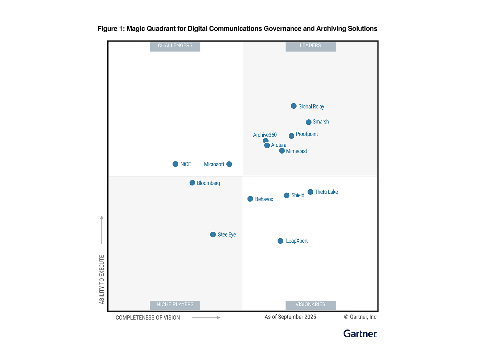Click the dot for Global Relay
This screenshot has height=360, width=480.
click(293, 106)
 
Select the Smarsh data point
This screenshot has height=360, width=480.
click(309, 122)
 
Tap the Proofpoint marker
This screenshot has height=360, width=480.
click(291, 136)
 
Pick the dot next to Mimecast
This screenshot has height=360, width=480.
click(282, 151)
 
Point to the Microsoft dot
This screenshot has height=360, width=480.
click(229, 164)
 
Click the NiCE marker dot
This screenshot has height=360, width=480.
click(176, 164)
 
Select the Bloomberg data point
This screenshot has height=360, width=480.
click(192, 183)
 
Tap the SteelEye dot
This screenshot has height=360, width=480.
click(213, 235)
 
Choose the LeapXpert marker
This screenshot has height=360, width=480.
click(280, 241)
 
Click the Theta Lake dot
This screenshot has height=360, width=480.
click(310, 192)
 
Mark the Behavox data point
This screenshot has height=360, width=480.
click(250, 199)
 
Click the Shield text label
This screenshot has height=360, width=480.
click(298, 195)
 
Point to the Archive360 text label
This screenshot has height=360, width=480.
click(265, 135)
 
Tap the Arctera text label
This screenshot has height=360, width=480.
click(278, 145)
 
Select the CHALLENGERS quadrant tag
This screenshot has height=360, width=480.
click(175, 46)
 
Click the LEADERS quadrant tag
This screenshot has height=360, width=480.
click(310, 46)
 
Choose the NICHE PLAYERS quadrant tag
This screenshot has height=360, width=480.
click(175, 305)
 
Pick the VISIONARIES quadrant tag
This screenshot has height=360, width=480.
click(310, 305)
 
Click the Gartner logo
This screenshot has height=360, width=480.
click(360, 334)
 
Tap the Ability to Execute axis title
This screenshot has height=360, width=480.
click(102, 279)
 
